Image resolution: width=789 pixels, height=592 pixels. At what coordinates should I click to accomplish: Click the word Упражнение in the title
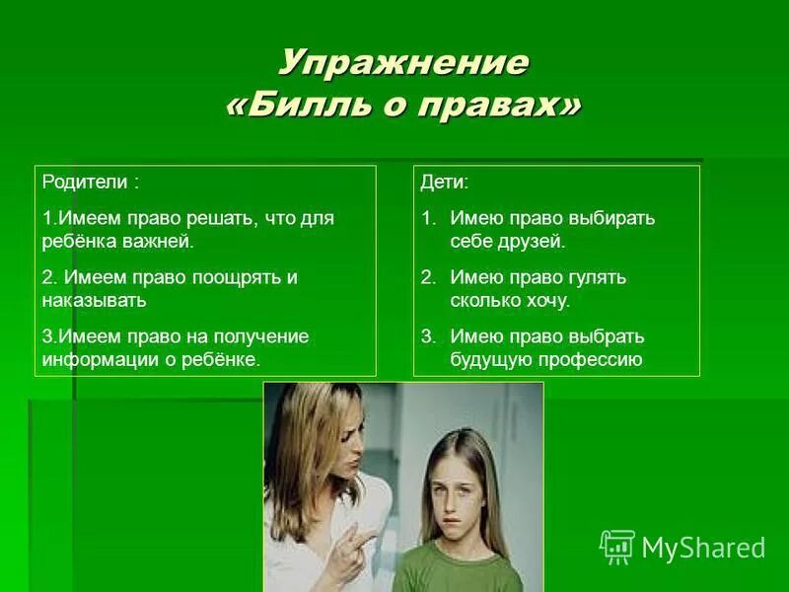(402, 64)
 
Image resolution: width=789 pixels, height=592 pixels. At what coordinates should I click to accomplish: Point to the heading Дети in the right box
(444, 184)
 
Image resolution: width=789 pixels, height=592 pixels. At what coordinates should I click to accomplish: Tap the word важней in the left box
(159, 240)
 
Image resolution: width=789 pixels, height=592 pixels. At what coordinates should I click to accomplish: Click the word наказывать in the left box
(95, 300)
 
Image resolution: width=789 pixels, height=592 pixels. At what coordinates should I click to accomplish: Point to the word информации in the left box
(95, 359)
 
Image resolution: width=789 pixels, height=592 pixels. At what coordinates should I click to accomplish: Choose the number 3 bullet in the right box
(427, 336)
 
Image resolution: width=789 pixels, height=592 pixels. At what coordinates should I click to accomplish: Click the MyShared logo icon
(616, 547)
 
